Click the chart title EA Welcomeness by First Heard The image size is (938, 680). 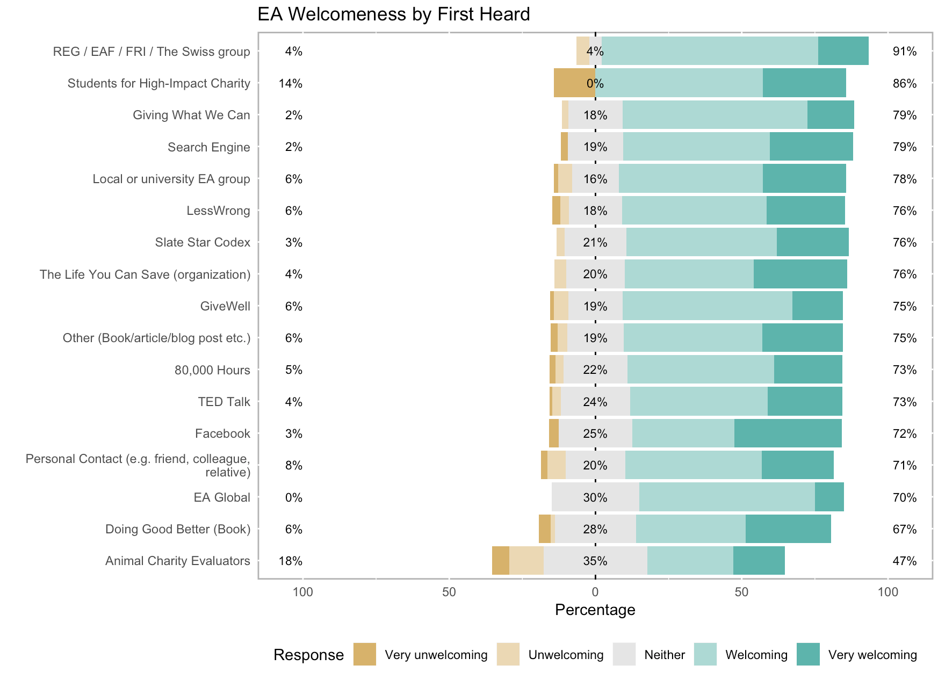(394, 14)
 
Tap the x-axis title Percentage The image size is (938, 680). (595, 610)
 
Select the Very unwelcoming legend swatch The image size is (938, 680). (364, 654)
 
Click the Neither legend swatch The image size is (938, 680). (624, 654)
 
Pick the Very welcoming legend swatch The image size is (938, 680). (808, 654)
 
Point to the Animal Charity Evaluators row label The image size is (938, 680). (177, 561)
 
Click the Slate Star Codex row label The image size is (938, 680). (203, 242)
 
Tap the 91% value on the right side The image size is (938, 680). (904, 52)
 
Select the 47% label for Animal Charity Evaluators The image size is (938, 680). (904, 561)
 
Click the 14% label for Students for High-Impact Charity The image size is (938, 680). (290, 83)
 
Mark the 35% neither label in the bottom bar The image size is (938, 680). (595, 561)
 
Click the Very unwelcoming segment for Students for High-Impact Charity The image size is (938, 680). (574, 83)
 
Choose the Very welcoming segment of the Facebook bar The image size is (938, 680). (788, 433)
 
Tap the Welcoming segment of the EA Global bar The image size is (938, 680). (727, 497)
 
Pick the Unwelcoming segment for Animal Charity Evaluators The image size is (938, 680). (526, 561)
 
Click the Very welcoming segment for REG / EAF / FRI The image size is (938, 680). (843, 52)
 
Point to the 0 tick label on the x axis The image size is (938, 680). (595, 592)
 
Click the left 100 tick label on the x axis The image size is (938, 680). (302, 592)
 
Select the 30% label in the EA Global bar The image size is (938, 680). (595, 497)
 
